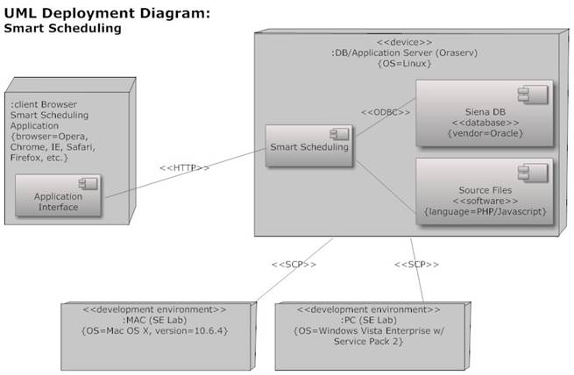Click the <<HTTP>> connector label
pyautogui.click(x=184, y=168)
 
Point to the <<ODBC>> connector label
pyautogui.click(x=386, y=112)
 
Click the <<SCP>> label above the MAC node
pyautogui.click(x=294, y=264)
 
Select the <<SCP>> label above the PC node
pyautogui.click(x=417, y=264)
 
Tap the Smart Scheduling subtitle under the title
pyautogui.click(x=62, y=28)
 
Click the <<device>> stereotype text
pyautogui.click(x=404, y=41)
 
